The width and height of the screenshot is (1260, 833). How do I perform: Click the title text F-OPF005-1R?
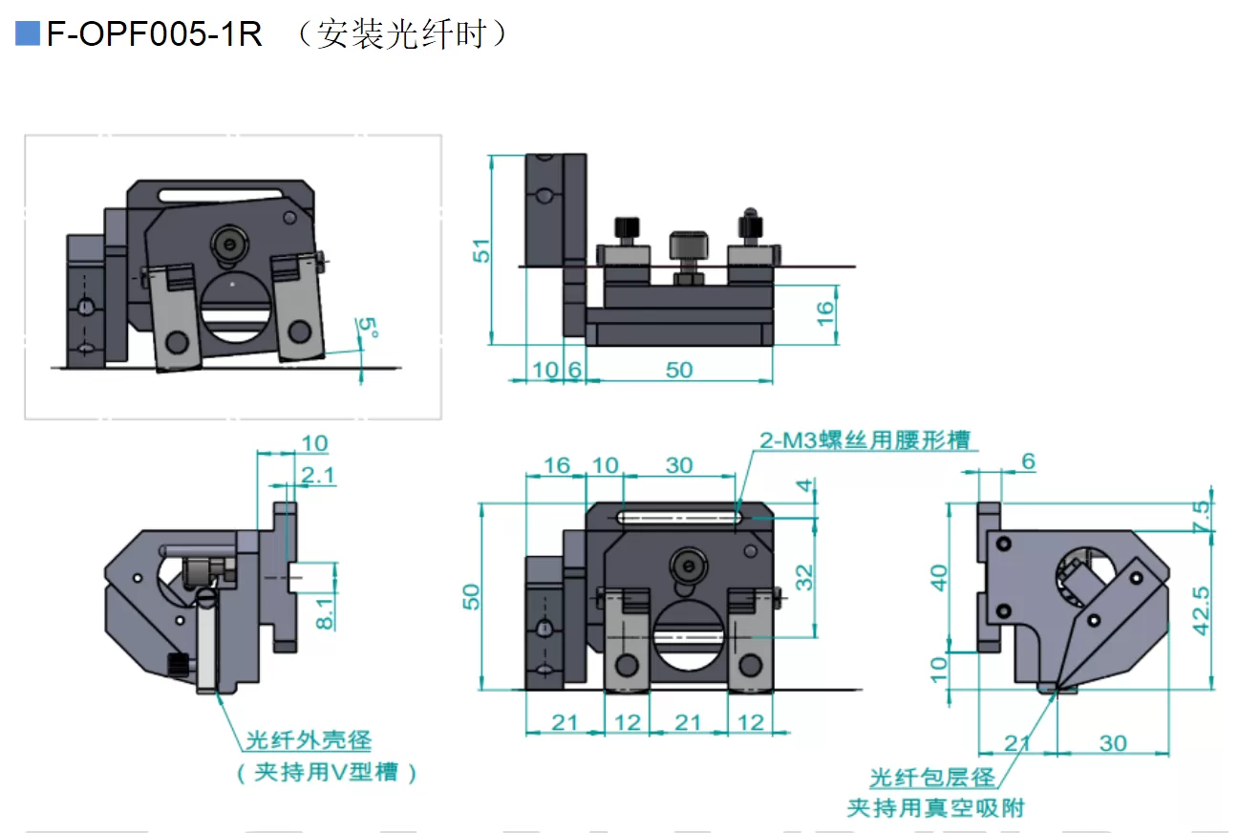(x=154, y=34)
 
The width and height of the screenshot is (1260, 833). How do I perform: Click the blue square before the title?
(x=28, y=34)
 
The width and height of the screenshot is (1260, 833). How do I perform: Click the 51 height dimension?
(x=483, y=250)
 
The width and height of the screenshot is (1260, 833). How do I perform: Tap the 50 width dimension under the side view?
(x=679, y=369)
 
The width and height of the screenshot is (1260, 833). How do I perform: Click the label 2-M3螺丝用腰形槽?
(x=865, y=439)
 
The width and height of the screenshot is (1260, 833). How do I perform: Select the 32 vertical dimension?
(x=805, y=577)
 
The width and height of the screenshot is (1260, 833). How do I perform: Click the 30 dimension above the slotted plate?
(x=678, y=465)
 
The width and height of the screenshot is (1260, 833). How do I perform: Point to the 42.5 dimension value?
(x=1202, y=610)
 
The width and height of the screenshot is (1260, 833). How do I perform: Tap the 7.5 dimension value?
(x=1202, y=516)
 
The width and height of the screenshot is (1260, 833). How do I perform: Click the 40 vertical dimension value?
(x=940, y=578)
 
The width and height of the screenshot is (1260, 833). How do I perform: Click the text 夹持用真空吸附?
(x=935, y=808)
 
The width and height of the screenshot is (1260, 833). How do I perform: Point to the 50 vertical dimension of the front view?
(x=471, y=596)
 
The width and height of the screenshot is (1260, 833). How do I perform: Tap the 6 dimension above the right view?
(x=1028, y=461)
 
